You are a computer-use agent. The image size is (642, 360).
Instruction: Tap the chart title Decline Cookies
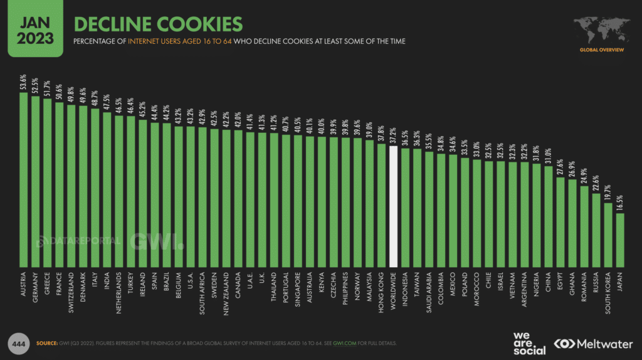coord(158,24)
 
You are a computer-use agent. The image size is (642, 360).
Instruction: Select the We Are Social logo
coord(529,343)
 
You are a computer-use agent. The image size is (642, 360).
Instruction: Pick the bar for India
coord(107,188)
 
